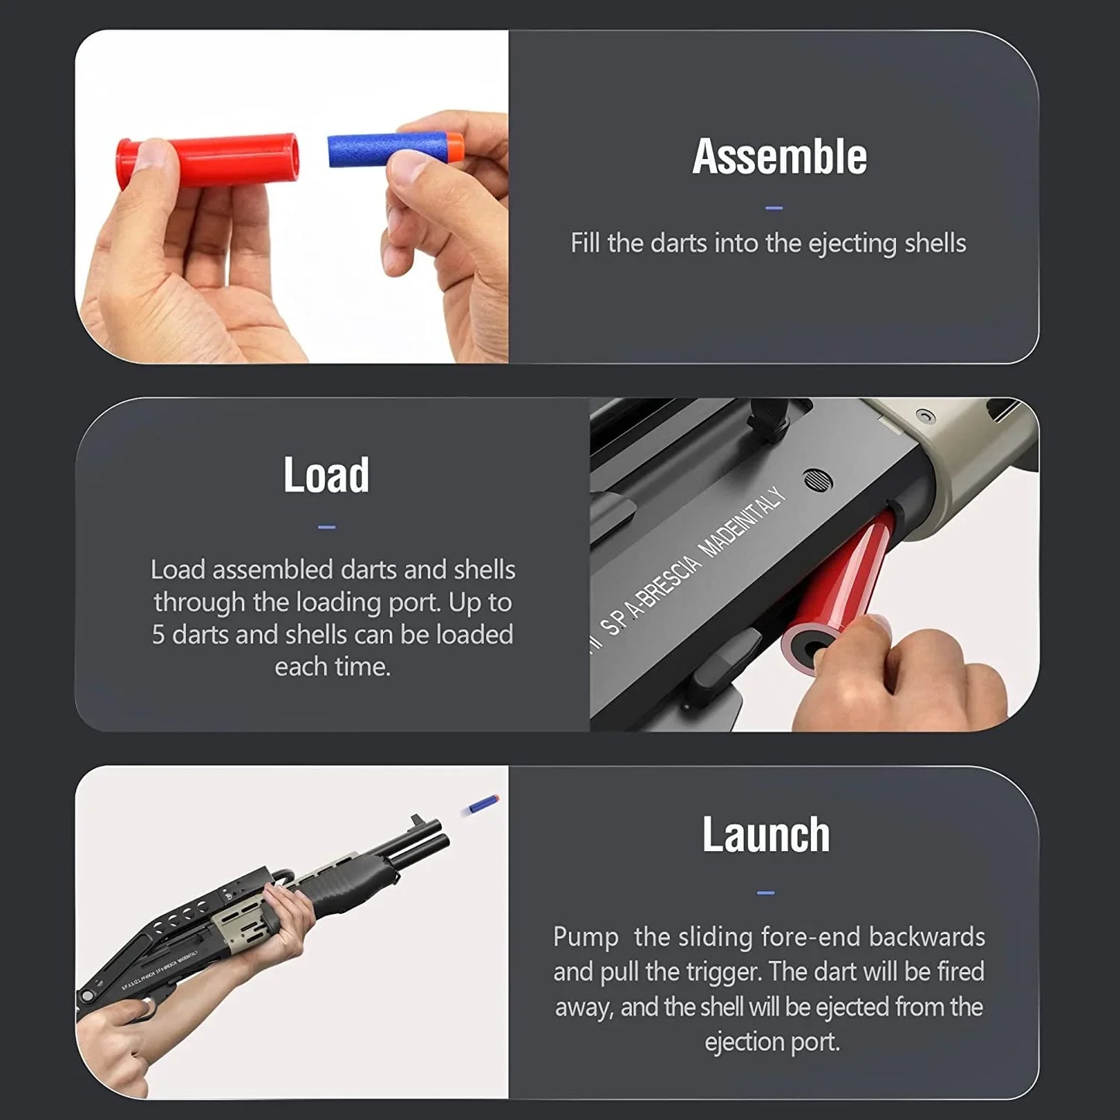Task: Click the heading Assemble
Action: [779, 157]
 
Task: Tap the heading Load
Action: [326, 474]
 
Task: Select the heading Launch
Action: [766, 835]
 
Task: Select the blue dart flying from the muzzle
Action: [481, 805]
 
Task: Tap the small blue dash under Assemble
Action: [774, 208]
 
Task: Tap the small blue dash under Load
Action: [326, 527]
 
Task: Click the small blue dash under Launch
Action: [766, 893]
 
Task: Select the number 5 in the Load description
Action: [158, 635]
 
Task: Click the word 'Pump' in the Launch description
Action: [586, 937]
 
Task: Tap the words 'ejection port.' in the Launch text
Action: [772, 1042]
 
